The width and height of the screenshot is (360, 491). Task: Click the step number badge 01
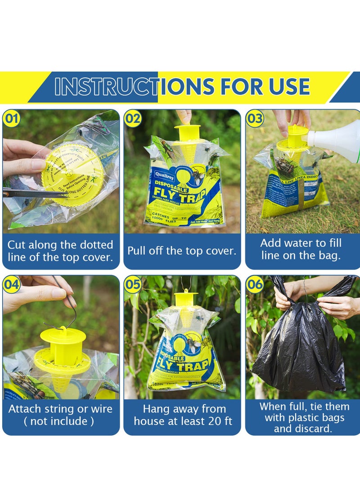click(11, 119)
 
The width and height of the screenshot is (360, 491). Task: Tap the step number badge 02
click(133, 119)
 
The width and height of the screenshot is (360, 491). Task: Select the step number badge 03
click(254, 119)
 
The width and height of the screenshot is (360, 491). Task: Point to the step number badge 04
click(11, 284)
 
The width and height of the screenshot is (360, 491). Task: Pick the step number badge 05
click(133, 284)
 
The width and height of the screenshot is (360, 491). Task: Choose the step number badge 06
click(254, 284)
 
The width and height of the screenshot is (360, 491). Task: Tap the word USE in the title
click(288, 87)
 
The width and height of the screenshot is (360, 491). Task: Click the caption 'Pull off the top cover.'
click(182, 251)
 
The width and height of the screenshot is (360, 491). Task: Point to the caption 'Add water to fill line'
click(301, 249)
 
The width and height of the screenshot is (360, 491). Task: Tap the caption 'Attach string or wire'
click(60, 415)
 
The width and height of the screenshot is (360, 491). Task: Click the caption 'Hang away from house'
click(182, 415)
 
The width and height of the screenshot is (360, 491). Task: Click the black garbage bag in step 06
click(301, 351)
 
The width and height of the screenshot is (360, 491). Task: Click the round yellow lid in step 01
click(72, 173)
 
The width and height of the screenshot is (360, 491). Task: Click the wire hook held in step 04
click(67, 306)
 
